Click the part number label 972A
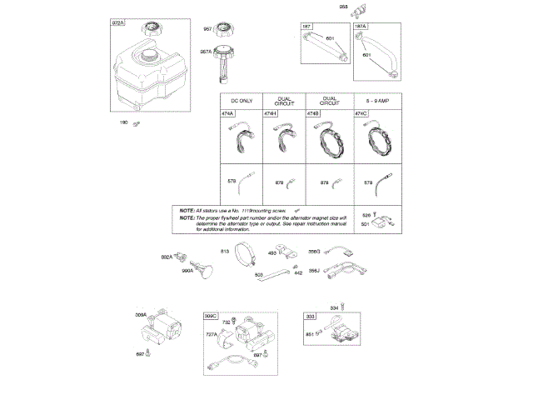117,25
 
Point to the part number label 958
343,7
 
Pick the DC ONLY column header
240,100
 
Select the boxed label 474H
270,113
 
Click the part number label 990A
188,271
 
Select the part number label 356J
314,270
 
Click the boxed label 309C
212,317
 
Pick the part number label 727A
212,335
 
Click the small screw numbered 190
139,123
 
